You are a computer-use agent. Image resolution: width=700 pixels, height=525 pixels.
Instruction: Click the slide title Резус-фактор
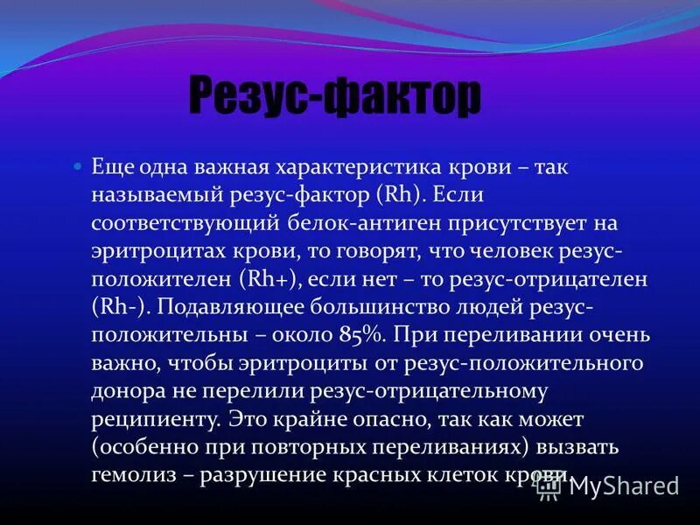point(335,97)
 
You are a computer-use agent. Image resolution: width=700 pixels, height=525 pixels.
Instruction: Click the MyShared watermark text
point(624,486)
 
